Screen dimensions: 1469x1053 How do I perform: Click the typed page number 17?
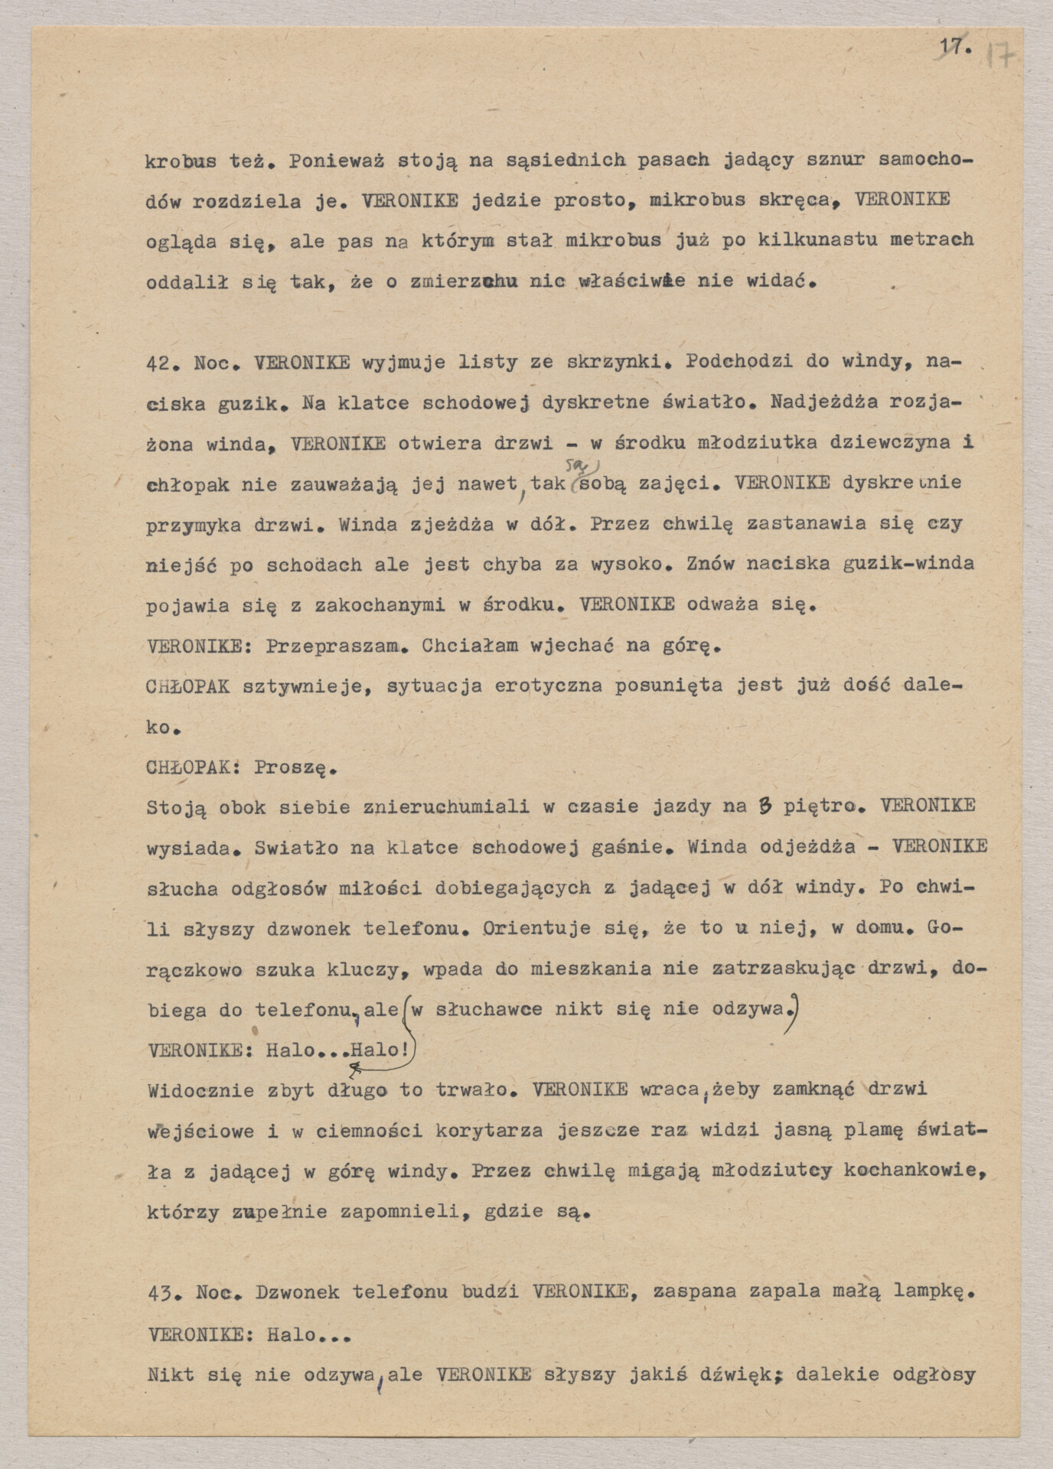pyautogui.click(x=955, y=47)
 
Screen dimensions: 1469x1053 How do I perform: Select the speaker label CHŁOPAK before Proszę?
pyautogui.click(x=187, y=767)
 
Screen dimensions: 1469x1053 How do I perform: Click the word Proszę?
pyautogui.click(x=295, y=767)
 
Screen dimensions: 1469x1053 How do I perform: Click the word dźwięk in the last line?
pyautogui.click(x=735, y=1375)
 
